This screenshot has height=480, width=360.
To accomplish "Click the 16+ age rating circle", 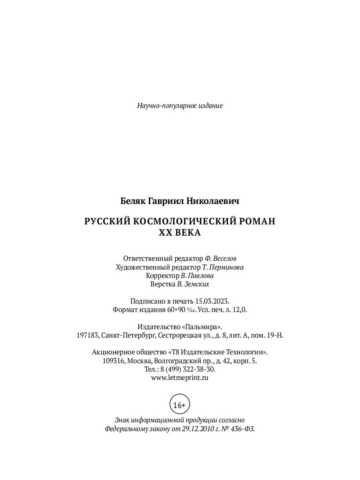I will [180, 405].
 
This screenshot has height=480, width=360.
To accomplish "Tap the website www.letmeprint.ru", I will [180, 377].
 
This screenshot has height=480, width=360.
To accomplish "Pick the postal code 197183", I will [88, 335].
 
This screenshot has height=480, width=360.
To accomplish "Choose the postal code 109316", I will [114, 361].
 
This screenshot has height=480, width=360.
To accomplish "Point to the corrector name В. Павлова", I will [197, 276].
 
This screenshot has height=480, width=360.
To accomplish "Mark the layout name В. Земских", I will [193, 284].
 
